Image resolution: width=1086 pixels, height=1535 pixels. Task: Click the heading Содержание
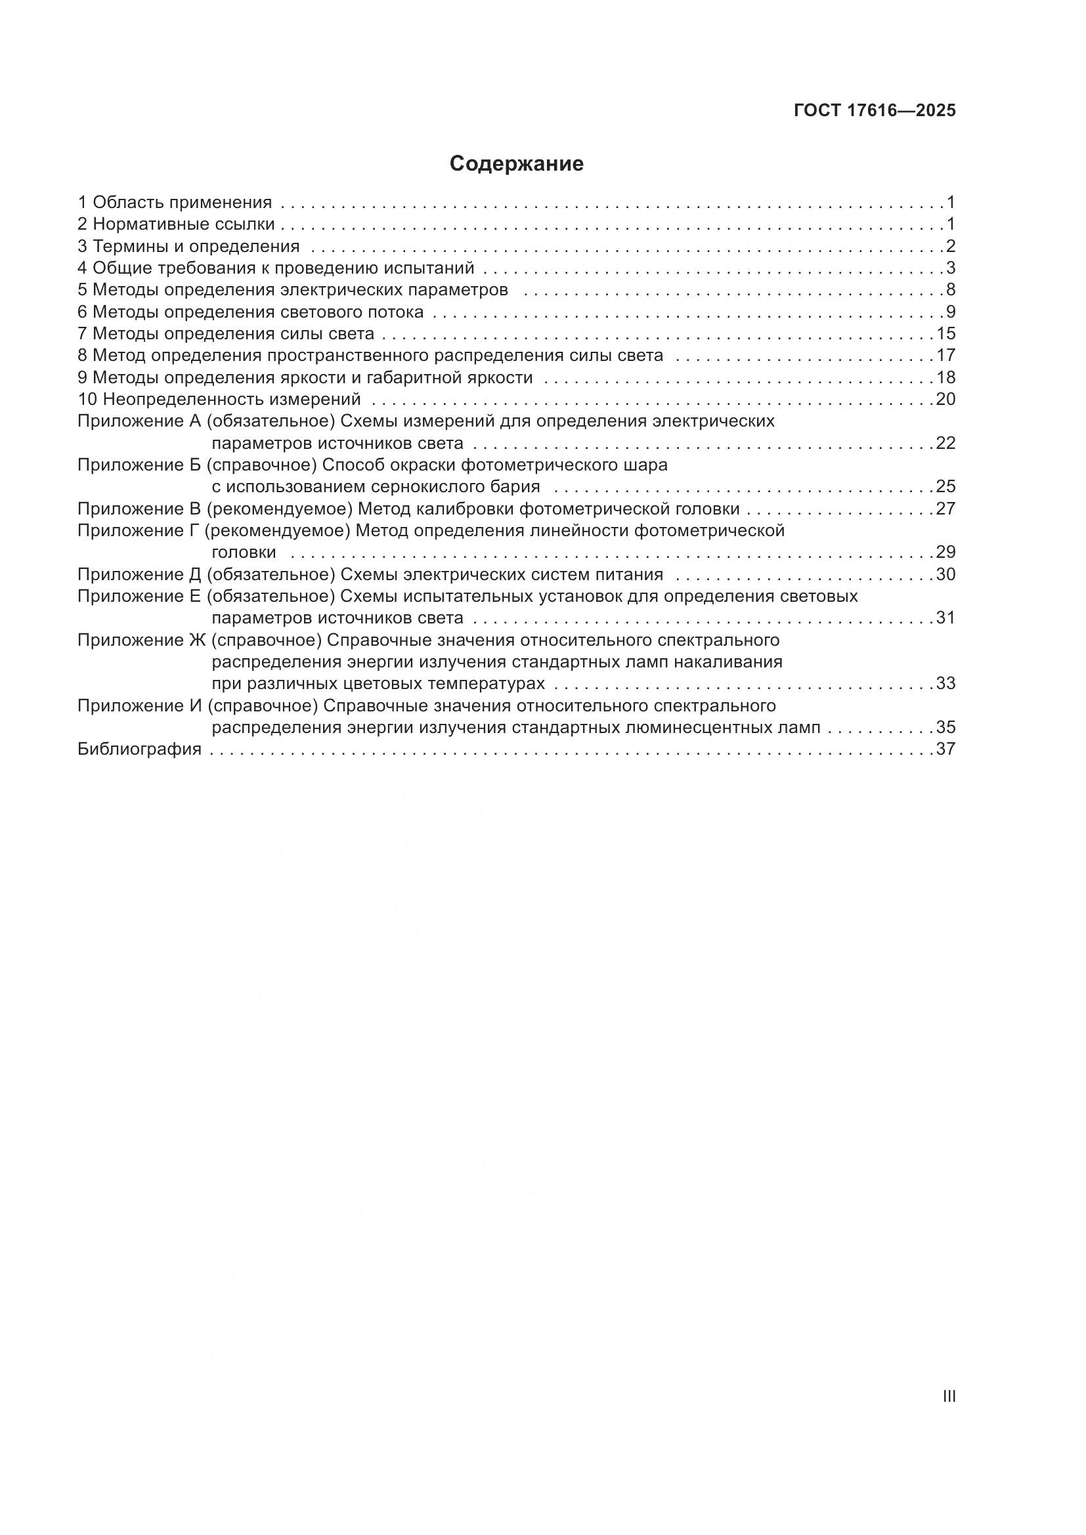(x=516, y=164)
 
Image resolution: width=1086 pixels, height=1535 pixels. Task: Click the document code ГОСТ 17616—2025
(x=875, y=111)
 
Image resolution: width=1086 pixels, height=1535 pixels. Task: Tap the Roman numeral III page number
(x=948, y=1396)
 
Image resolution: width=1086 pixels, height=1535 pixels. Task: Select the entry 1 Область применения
(x=175, y=202)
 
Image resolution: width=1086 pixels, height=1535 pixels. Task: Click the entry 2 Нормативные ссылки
(x=177, y=224)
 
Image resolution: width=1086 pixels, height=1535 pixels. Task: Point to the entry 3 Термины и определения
(x=188, y=246)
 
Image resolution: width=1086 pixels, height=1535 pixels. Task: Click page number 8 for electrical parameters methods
(x=950, y=289)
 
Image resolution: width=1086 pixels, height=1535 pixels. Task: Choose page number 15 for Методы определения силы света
(x=945, y=333)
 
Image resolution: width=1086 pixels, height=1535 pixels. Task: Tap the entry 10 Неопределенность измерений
(x=219, y=399)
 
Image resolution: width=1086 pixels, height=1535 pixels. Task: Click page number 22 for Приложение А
(x=945, y=442)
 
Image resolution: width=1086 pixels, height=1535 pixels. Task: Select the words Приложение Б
(x=139, y=465)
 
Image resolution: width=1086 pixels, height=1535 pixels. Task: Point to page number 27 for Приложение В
(x=945, y=509)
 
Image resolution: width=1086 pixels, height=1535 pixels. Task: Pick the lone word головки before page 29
(x=244, y=552)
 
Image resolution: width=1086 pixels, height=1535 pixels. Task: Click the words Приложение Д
(x=139, y=574)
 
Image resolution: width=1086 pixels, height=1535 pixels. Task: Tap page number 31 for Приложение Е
(x=945, y=618)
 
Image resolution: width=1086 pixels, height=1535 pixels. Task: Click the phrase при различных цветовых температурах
(x=378, y=683)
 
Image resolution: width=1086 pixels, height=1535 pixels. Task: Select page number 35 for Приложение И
(x=945, y=726)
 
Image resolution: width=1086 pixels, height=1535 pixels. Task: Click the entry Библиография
(x=140, y=749)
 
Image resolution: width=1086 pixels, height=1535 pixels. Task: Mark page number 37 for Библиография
(x=945, y=749)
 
